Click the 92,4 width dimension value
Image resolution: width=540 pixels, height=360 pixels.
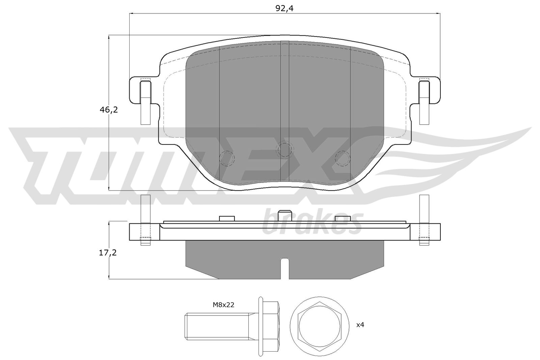click(x=284, y=8)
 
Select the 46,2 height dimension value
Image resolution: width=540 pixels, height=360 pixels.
click(x=109, y=110)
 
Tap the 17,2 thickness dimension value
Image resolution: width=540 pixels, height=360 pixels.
click(x=108, y=253)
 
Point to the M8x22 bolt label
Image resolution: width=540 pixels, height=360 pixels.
click(x=223, y=305)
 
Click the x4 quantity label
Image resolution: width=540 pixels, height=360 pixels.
click(x=360, y=325)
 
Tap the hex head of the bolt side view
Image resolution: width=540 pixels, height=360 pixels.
click(x=270, y=326)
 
